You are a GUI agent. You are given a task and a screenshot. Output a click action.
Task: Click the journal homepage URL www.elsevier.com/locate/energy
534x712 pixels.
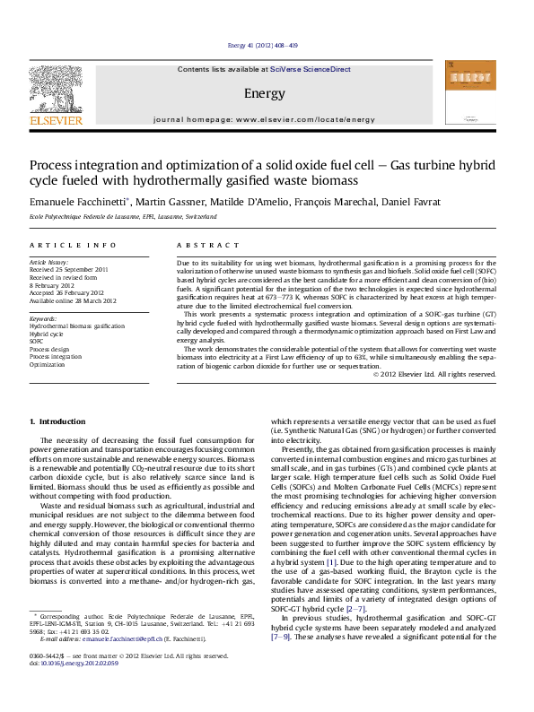pyautogui.click(x=304, y=119)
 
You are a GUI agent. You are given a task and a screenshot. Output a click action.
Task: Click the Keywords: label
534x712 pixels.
pyautogui.click(x=43, y=318)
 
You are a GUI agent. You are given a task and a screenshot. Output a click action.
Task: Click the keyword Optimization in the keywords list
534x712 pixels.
pyautogui.click(x=48, y=365)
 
